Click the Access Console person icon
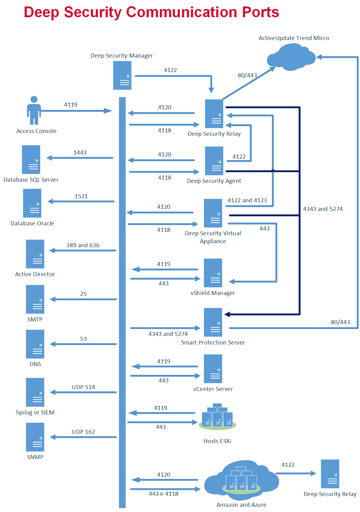34,110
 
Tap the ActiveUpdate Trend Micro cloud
291,57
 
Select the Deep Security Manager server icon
122,75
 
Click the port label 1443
80,153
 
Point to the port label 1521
81,196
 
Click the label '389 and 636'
83,245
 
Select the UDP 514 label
83,387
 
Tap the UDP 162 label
83,432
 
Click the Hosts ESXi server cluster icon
217,417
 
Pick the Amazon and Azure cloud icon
241,480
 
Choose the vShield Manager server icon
213,273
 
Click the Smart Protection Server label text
213,343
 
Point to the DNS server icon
35,344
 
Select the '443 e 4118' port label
164,494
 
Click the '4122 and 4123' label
247,200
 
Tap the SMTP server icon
35,299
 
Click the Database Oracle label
32,224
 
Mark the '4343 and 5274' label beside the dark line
323,209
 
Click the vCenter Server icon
213,369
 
